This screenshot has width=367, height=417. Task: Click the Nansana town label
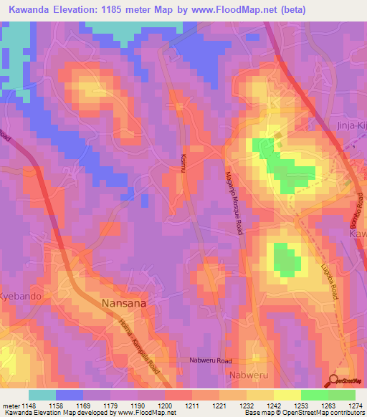126,303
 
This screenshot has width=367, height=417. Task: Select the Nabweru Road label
211,360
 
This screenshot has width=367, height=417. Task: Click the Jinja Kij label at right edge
351,125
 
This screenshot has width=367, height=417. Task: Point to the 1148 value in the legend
28,405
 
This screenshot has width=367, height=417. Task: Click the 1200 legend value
164,405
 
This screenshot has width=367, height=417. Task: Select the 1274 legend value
355,405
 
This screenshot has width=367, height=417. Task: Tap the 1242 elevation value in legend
273,405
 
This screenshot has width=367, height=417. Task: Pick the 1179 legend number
110,405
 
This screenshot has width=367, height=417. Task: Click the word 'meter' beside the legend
9,405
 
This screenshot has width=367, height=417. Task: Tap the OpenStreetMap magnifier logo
335,380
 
